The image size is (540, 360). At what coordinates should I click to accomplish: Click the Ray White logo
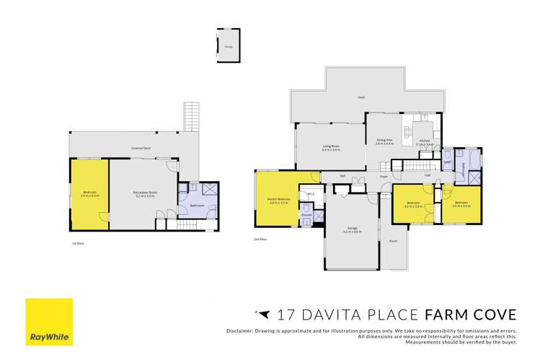click(49, 322)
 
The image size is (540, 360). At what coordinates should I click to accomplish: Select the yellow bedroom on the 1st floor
click(89, 195)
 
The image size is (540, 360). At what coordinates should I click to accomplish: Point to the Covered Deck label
click(141, 148)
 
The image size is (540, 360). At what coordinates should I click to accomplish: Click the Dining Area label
click(384, 141)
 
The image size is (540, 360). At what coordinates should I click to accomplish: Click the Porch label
click(393, 241)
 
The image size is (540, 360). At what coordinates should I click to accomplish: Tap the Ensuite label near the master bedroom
click(306, 214)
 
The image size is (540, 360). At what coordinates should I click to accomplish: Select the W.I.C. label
click(310, 194)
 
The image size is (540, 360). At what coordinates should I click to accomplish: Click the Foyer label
click(384, 176)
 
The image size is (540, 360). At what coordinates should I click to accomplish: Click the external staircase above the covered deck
click(190, 117)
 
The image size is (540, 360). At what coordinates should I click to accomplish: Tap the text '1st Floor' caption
click(79, 243)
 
